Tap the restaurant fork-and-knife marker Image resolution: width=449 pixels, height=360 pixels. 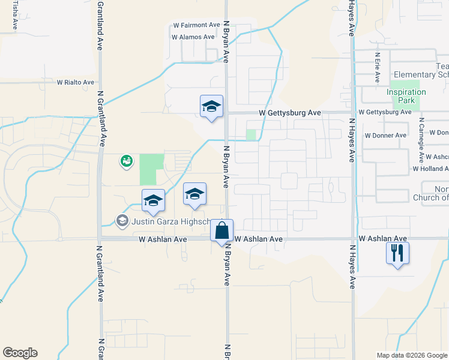397,253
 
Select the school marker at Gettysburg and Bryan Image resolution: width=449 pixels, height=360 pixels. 211,107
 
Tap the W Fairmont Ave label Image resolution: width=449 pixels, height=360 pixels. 196,25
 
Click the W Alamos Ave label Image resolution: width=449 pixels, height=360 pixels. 193,37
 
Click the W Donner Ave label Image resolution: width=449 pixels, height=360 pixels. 385,136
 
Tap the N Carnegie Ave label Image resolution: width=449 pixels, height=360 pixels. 422,139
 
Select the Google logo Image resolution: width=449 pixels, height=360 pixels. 20,353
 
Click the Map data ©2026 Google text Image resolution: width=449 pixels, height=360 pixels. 412,355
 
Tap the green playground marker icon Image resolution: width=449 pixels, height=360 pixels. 126,161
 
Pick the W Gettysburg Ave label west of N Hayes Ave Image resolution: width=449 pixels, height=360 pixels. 290,113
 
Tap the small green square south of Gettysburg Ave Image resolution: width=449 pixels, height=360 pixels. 251,135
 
